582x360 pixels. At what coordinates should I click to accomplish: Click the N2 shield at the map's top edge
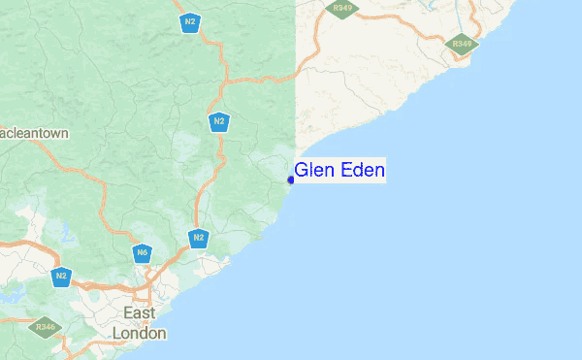pos(190,22)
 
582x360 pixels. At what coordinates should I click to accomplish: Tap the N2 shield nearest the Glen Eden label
pos(219,121)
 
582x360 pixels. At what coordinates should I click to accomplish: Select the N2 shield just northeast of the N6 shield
pos(198,237)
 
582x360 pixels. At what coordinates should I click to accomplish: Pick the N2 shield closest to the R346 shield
pos(62,275)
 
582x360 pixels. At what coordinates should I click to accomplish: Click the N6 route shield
pos(142,252)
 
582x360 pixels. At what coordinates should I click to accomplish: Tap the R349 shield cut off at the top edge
pos(341,7)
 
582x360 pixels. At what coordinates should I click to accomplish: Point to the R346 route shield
pos(46,327)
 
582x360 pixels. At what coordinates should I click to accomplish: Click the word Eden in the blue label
pos(362,171)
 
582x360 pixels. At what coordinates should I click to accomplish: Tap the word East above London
pos(141,312)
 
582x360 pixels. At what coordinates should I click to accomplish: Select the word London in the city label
pos(140,332)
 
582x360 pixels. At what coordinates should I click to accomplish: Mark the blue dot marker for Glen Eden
pos(290,180)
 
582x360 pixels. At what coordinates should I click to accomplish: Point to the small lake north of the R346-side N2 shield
pos(65,233)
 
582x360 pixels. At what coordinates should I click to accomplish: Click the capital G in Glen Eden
pos(301,171)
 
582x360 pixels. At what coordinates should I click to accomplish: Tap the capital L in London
pos(118,332)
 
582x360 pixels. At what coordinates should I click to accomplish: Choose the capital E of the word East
pos(129,312)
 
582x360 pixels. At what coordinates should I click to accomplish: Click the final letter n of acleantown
pos(64,132)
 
